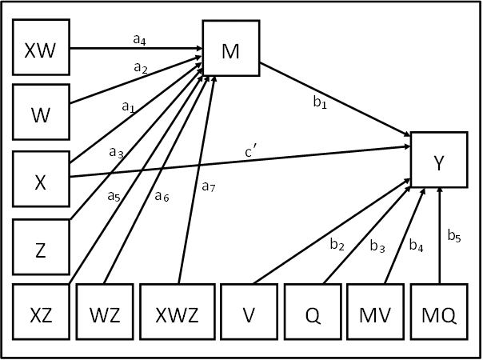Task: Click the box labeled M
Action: pyautogui.click(x=231, y=49)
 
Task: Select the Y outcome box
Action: pyautogui.click(x=438, y=160)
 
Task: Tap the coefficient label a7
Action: pyautogui.click(x=209, y=187)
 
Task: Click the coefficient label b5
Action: pyautogui.click(x=454, y=235)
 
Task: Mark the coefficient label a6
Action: pyautogui.click(x=162, y=197)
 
